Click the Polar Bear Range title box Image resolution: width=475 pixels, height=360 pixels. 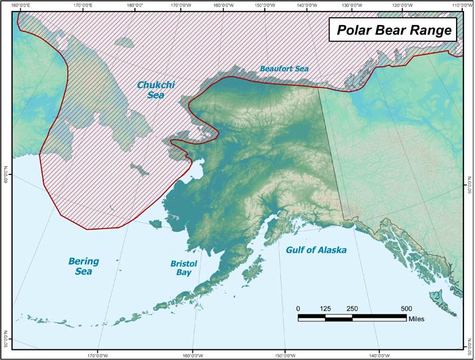click(392, 31)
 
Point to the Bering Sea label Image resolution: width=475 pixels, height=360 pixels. click(83, 266)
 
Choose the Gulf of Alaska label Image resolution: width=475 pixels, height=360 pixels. click(316, 250)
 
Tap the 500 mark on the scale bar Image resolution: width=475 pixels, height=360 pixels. click(406, 308)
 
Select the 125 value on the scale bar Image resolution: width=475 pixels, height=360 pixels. click(325, 308)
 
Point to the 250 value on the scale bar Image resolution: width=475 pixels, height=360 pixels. click(352, 308)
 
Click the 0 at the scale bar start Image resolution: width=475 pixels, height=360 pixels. click(299, 308)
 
